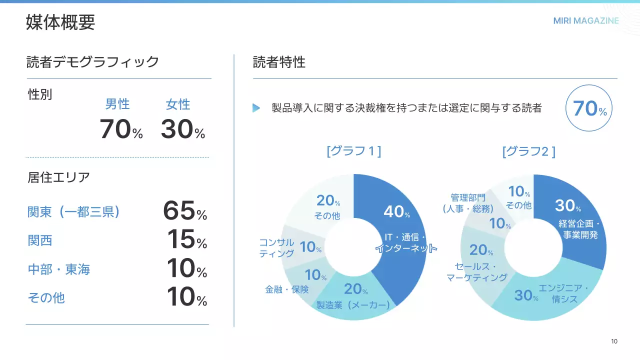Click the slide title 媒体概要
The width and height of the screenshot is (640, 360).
(x=60, y=23)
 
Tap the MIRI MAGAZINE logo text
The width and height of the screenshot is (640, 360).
(x=586, y=21)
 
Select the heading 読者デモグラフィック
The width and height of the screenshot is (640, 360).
(x=92, y=62)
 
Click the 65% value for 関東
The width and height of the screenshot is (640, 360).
(x=184, y=211)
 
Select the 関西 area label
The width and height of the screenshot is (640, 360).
(x=39, y=240)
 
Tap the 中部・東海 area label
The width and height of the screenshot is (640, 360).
(x=58, y=269)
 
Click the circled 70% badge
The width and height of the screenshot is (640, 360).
(x=589, y=108)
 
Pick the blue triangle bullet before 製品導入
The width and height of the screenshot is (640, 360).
(x=256, y=108)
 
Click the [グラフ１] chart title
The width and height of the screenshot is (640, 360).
(x=353, y=151)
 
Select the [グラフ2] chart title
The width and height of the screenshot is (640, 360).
(x=528, y=151)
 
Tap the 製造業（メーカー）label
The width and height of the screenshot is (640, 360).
(x=353, y=304)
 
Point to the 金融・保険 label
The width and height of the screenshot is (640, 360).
(x=287, y=289)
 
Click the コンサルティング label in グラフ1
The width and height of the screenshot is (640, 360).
(x=276, y=247)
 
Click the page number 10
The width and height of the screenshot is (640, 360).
(x=614, y=341)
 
